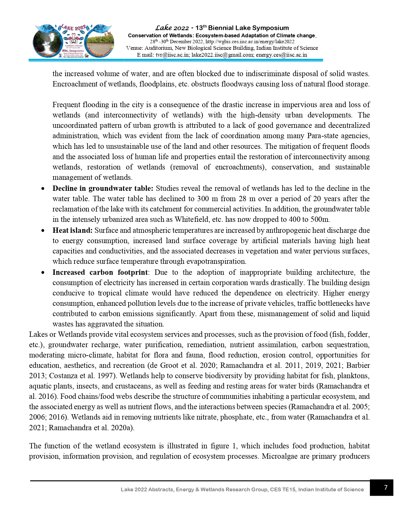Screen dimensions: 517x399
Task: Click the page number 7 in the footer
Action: pyautogui.click(x=386, y=487)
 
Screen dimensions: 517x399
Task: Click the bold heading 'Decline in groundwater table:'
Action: pyautogui.click(x=103, y=188)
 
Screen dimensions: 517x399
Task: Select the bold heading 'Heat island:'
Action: pyautogui.click(x=72, y=230)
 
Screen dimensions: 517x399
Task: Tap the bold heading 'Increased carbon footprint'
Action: pyautogui.click(x=100, y=272)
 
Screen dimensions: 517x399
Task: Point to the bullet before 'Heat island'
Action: pyautogui.click(x=43, y=231)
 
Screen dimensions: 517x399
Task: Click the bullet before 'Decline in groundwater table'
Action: pyautogui.click(x=43, y=189)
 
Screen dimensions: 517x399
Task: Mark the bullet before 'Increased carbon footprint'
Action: pyautogui.click(x=43, y=273)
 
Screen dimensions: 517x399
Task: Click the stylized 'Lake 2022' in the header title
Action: pyautogui.click(x=172, y=28)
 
